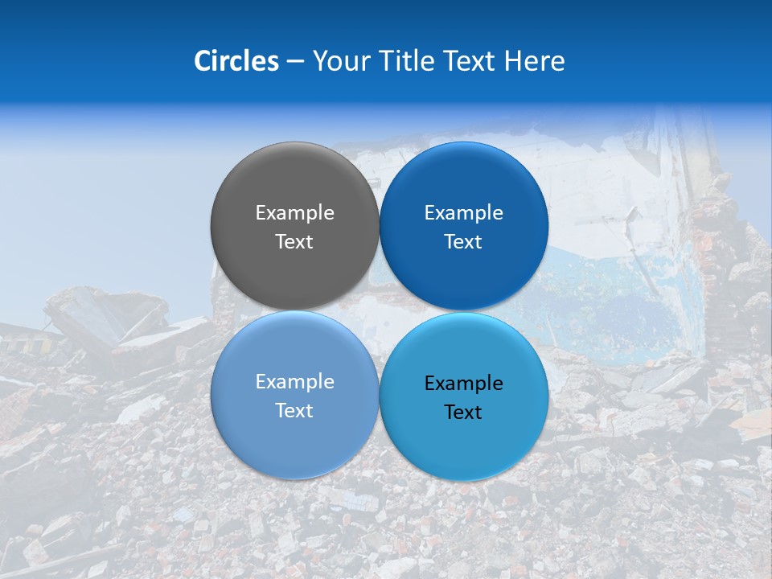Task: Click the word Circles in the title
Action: point(236,61)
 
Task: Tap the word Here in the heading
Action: point(535,61)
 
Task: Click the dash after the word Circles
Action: point(295,62)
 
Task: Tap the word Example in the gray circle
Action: point(294,212)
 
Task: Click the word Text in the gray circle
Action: point(294,241)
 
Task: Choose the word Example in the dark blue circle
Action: point(463,212)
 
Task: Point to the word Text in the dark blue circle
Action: point(463,241)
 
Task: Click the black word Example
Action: point(463,384)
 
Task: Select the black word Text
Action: point(463,413)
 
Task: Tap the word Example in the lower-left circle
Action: point(294,381)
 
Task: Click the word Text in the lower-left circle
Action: point(294,410)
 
